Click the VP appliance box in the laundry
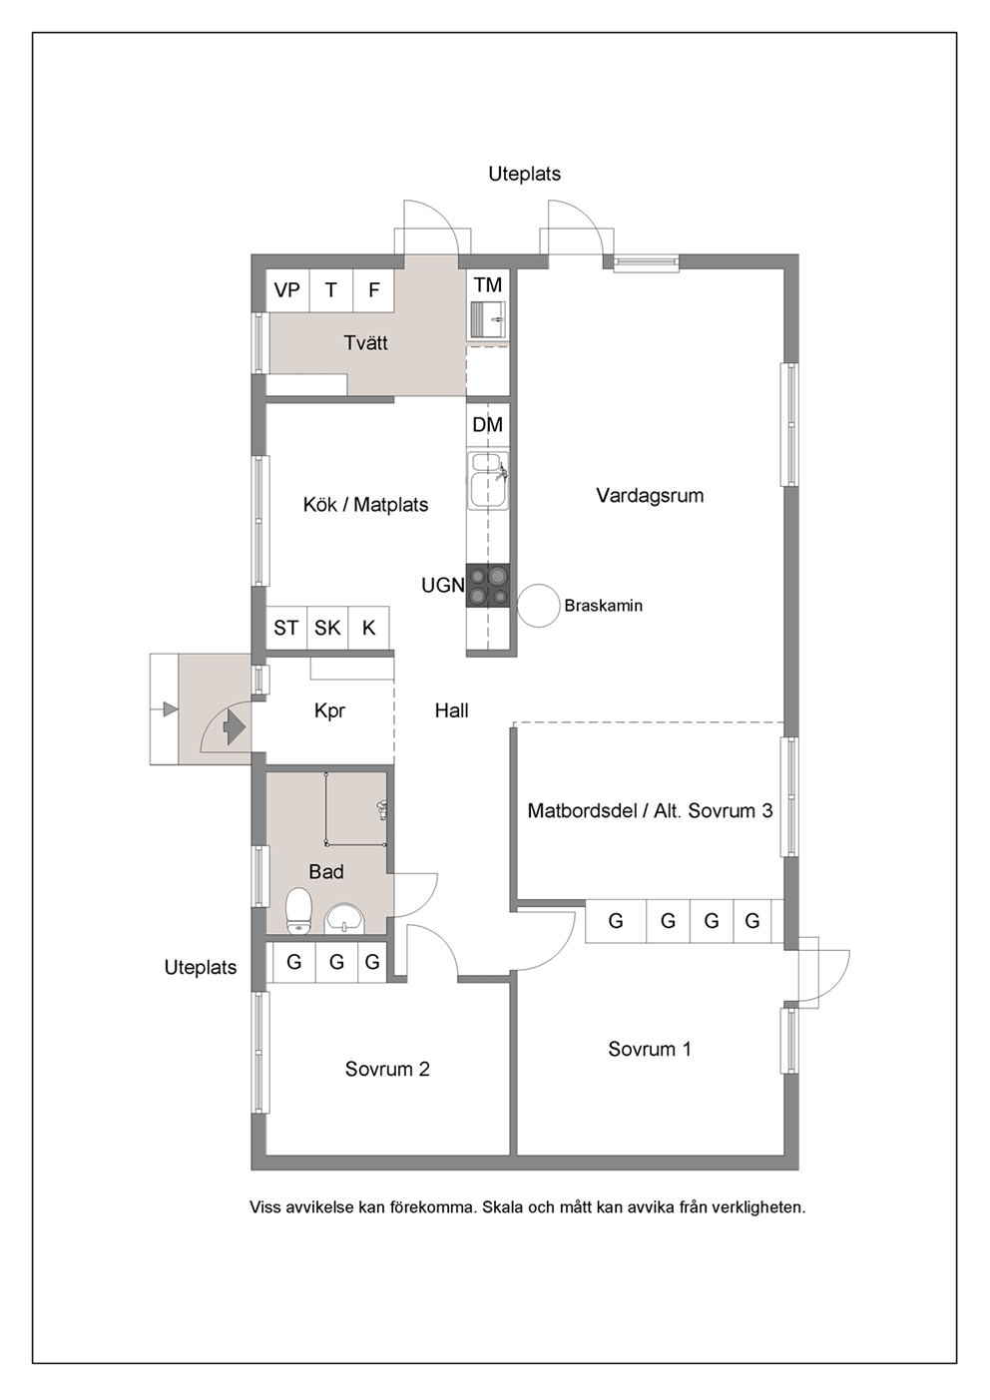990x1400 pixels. (287, 290)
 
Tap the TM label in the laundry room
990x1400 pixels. (487, 285)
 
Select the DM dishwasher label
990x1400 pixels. (487, 425)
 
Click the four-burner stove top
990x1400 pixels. (488, 586)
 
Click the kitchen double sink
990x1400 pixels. (488, 480)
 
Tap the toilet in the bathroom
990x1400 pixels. (298, 911)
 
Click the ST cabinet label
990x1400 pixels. (286, 628)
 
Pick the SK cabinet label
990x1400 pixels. (327, 628)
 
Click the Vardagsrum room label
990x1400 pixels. (650, 496)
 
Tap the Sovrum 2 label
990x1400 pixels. (387, 1069)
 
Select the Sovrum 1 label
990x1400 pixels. (650, 1049)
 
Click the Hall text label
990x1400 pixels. (452, 710)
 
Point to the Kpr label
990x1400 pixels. (329, 711)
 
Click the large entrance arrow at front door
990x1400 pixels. (234, 726)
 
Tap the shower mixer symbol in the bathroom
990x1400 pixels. (380, 810)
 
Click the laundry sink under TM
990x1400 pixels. (488, 320)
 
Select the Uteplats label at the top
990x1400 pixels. (525, 174)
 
